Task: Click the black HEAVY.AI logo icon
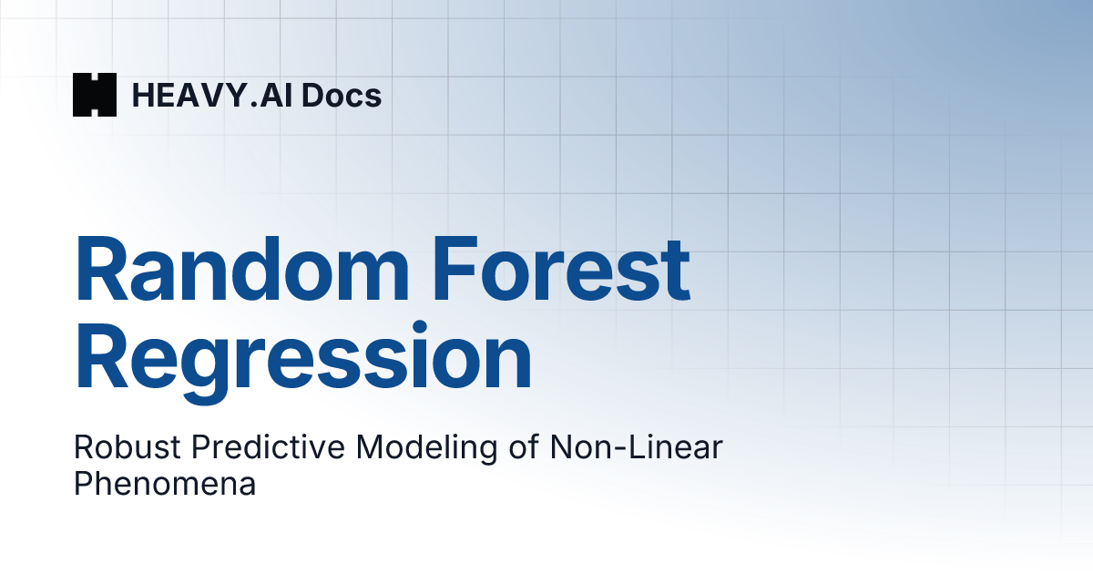pos(95,95)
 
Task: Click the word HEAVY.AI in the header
pos(212,95)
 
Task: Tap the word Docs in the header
pos(342,95)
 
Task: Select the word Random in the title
pos(241,269)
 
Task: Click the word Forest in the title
pos(561,269)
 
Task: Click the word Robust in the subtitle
pos(128,446)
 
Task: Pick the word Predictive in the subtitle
pos(268,446)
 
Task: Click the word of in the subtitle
pos(524,446)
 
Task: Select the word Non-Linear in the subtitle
pos(637,446)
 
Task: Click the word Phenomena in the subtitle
pos(165,483)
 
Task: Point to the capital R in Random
pos(101,269)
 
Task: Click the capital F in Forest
pos(455,269)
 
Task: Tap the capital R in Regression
pos(101,355)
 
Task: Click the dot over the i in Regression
pos(420,327)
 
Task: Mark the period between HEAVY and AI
pos(254,105)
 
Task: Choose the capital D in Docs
pos(313,95)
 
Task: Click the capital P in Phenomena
pos(84,483)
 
